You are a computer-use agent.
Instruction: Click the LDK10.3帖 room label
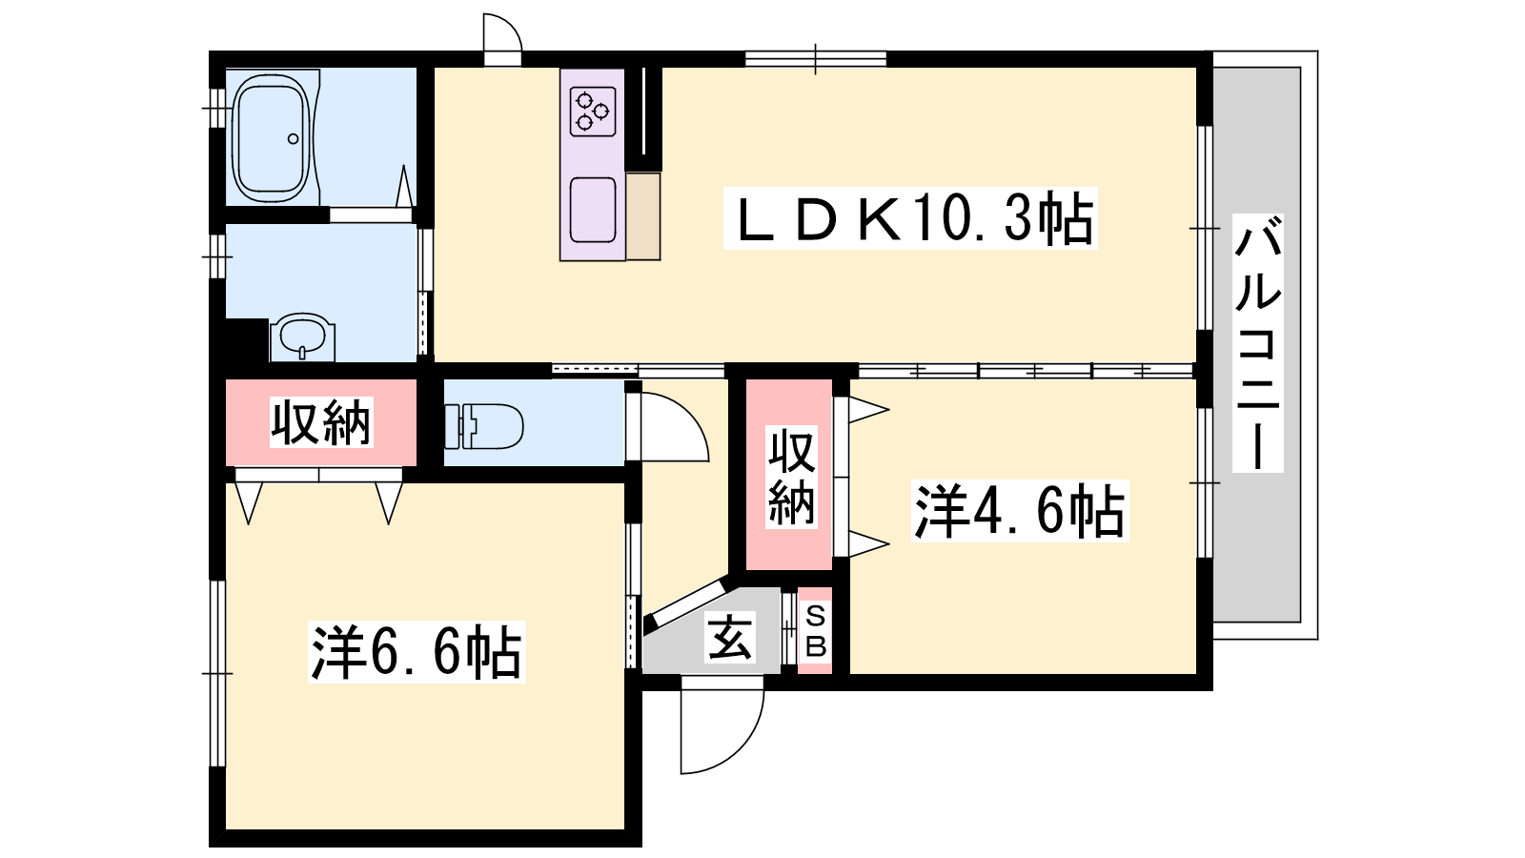click(910, 219)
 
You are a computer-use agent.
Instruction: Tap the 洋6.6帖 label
click(417, 653)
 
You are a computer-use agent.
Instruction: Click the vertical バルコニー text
click(1257, 343)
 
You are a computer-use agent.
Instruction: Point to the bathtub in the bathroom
click(272, 138)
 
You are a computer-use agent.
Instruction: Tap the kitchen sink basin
click(592, 210)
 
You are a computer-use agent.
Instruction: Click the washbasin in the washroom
click(303, 337)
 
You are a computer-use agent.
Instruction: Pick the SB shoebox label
click(815, 632)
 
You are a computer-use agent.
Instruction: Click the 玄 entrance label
click(729, 638)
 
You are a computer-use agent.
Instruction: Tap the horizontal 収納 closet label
click(320, 422)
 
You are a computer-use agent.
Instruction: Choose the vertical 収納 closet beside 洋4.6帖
click(791, 477)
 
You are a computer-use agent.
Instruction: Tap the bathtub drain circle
click(294, 139)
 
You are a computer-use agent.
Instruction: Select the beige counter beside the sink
click(643, 215)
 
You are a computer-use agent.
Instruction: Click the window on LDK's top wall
click(816, 59)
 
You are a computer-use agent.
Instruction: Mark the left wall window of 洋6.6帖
click(217, 673)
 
